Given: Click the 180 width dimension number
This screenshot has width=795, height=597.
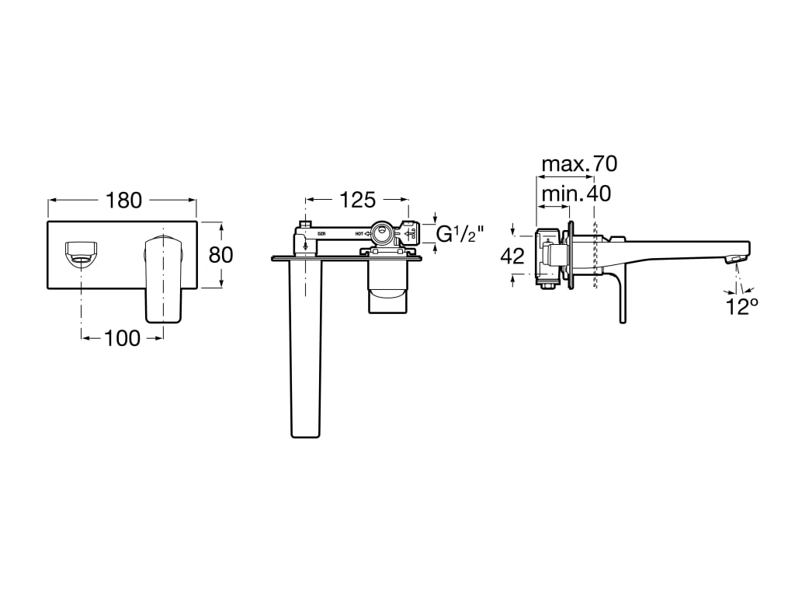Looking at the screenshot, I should click(x=124, y=200).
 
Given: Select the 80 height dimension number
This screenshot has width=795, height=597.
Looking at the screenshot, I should click(x=220, y=254).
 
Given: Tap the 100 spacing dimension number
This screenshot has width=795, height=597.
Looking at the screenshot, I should click(x=123, y=337).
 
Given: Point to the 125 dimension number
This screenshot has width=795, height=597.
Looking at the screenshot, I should click(x=357, y=200).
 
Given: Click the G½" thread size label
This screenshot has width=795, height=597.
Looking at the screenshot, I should click(x=460, y=233).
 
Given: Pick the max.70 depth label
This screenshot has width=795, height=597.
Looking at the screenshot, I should click(x=578, y=164).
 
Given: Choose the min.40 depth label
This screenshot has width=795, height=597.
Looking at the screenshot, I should click(x=575, y=193).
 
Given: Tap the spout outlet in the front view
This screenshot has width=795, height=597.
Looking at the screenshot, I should click(x=82, y=253).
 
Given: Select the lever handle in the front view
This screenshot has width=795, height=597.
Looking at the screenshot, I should click(x=163, y=276).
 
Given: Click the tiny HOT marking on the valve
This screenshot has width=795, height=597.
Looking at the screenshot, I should click(x=360, y=233).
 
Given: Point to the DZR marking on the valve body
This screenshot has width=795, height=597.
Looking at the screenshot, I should click(x=322, y=233).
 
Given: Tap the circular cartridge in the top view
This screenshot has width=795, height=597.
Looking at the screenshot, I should click(x=382, y=232).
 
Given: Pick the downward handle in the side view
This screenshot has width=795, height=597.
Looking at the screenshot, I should click(x=622, y=299).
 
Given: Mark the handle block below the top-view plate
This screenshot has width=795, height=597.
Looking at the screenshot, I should click(x=386, y=288).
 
